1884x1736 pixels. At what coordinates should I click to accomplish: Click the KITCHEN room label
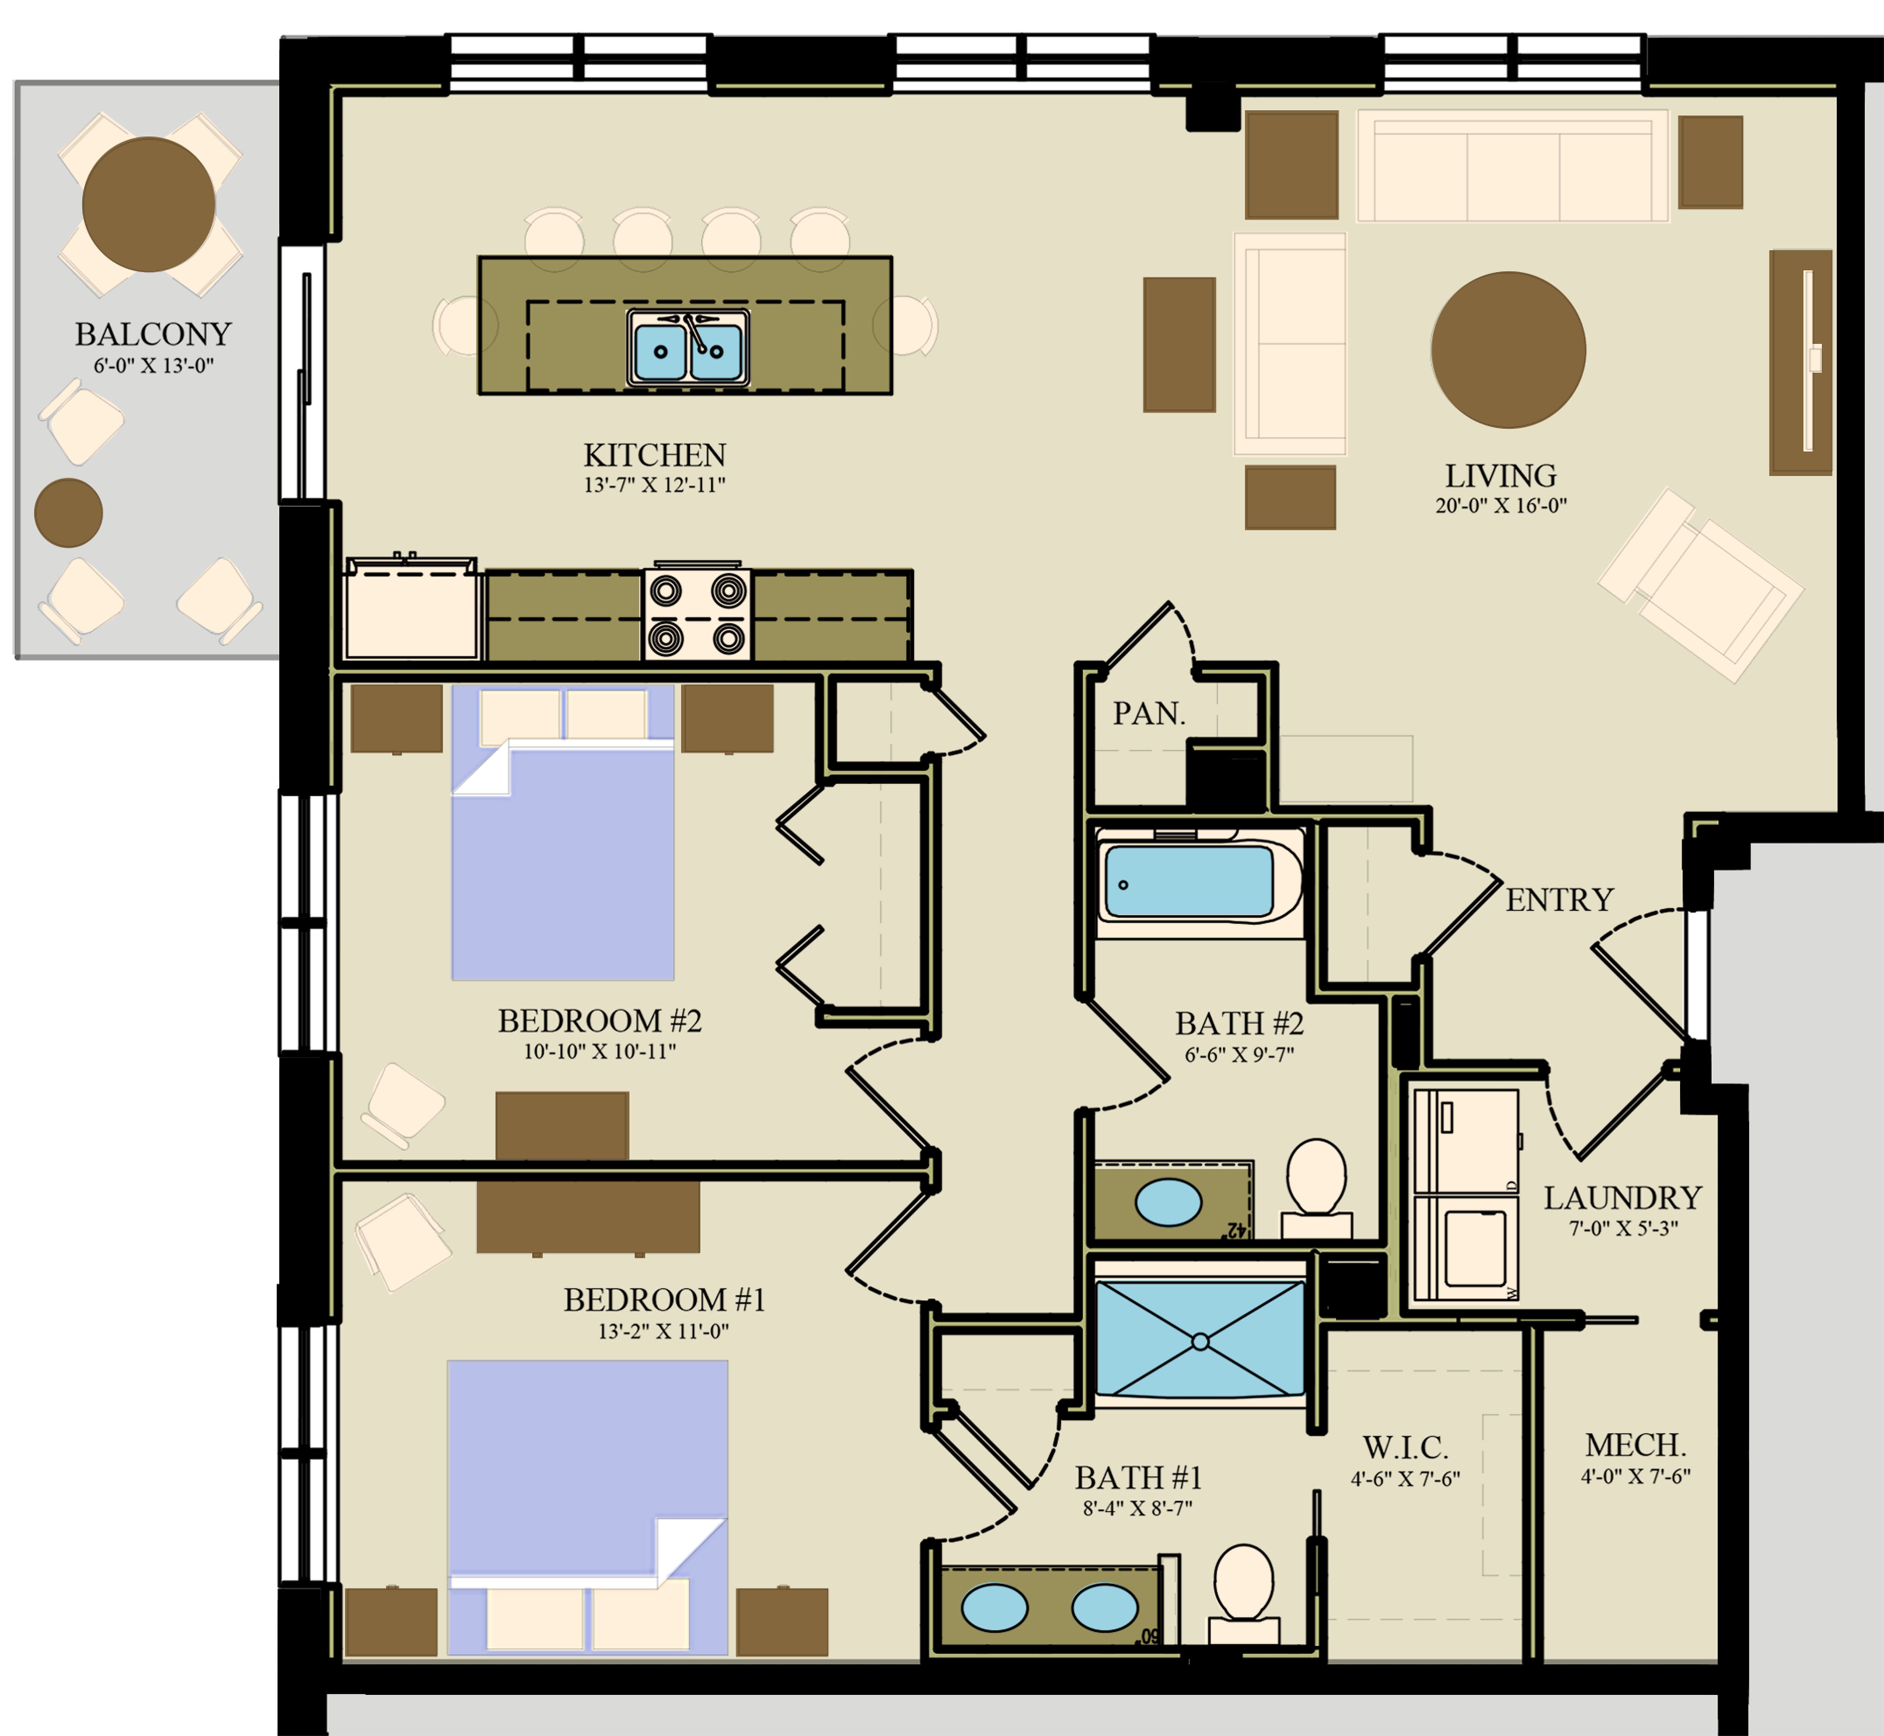655,456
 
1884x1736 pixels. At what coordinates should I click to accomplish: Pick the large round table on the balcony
149,205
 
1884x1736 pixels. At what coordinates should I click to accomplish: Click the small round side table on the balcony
69,513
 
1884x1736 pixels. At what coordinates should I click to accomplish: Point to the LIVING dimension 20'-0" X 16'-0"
1501,505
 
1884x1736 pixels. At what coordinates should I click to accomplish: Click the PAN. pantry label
1149,714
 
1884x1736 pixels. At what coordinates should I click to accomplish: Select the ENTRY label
1560,900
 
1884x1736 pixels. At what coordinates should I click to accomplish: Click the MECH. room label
1636,1445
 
